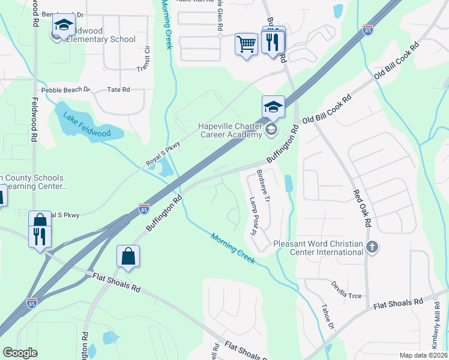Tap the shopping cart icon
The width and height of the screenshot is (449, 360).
pyautogui.click(x=246, y=44)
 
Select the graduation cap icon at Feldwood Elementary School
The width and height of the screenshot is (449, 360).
pyautogui.click(x=63, y=26)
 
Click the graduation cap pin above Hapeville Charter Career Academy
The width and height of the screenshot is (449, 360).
pyautogui.click(x=273, y=107)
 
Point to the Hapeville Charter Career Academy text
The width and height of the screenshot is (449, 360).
pyautogui.click(x=231, y=130)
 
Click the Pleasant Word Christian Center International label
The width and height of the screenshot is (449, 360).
pyautogui.click(x=318, y=248)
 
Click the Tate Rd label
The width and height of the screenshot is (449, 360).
pyautogui.click(x=118, y=89)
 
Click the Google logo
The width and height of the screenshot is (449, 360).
pyautogui.click(x=20, y=353)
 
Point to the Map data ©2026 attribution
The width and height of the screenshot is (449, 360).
pyautogui.click(x=423, y=355)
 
